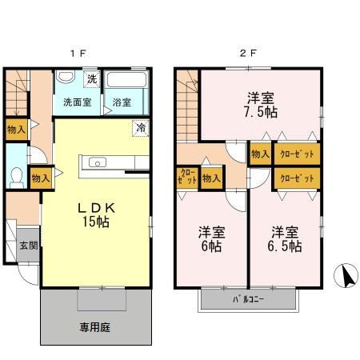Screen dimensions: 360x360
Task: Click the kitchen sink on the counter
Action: pyautogui.click(x=98, y=162)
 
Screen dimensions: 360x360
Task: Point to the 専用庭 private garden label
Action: pyautogui.click(x=94, y=327)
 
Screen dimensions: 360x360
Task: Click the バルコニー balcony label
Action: pyautogui.click(x=249, y=300)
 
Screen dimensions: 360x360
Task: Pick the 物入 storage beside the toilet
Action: pyautogui.click(x=38, y=178)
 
